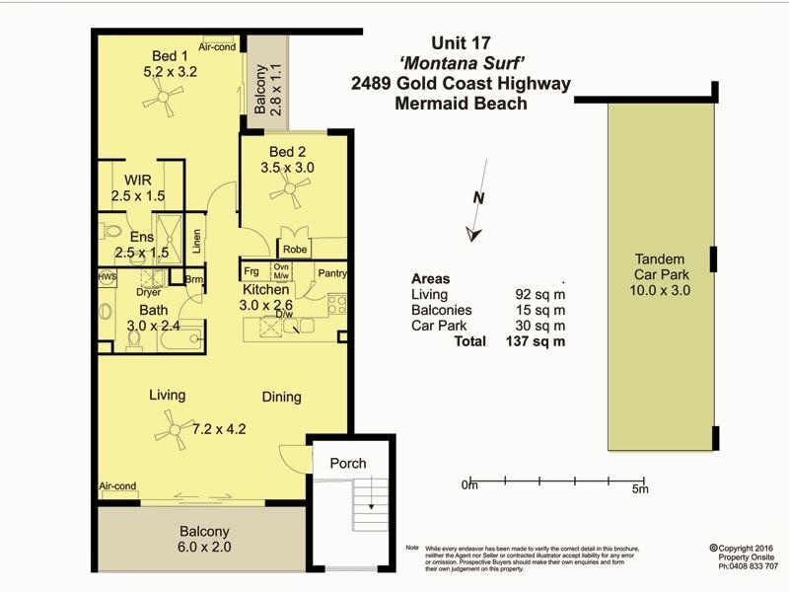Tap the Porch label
[347, 463]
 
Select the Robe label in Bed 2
[295, 250]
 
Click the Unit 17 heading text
[461, 43]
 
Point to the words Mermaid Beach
[461, 103]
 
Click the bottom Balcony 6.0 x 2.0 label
[204, 538]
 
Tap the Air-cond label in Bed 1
[216, 46]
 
